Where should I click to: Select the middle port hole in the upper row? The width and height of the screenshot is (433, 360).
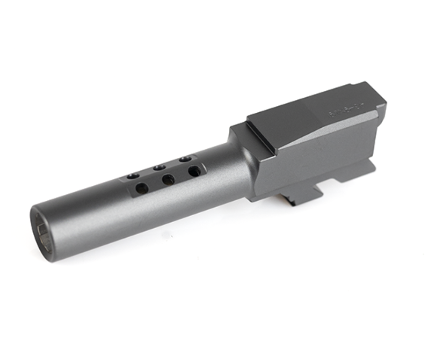click(159, 167)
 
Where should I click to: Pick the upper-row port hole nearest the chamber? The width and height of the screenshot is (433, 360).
click(185, 159)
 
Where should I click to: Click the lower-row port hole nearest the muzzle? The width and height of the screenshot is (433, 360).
click(142, 188)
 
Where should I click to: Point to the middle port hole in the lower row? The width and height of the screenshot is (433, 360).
click(168, 179)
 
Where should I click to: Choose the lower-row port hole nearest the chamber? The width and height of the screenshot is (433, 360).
click(194, 171)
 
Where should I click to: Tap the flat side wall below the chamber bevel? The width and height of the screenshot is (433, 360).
click(315, 164)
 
